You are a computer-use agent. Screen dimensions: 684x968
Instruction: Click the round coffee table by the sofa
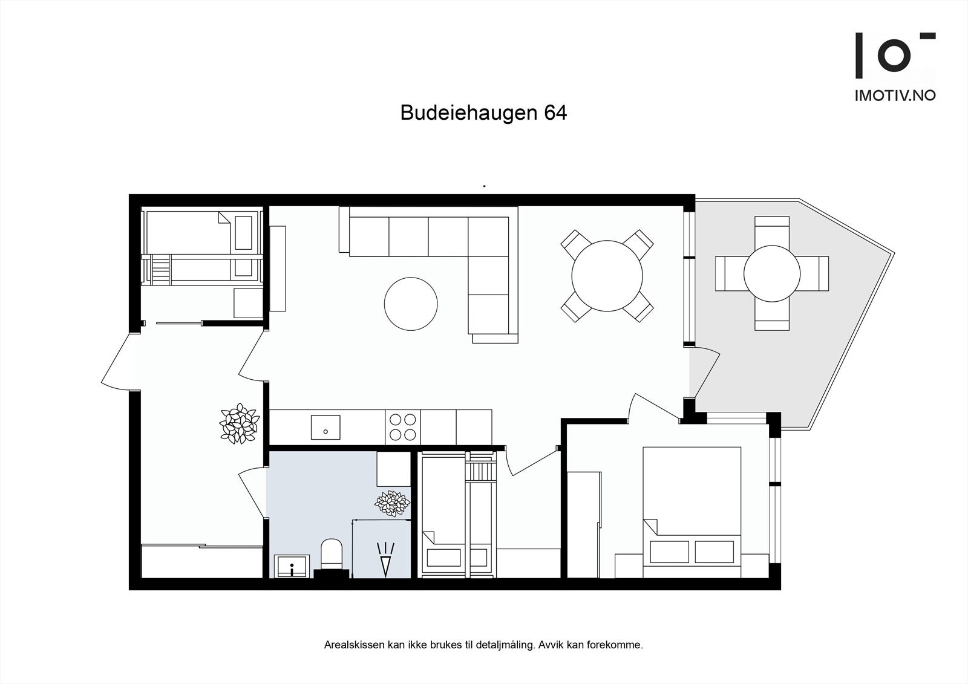click(x=411, y=304)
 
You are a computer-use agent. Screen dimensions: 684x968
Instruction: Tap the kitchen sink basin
click(x=325, y=427)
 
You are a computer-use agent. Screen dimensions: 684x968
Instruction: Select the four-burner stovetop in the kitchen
click(x=402, y=426)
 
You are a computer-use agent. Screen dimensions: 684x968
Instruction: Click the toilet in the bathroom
click(x=331, y=553)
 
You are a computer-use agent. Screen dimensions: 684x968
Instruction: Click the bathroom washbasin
click(x=292, y=567)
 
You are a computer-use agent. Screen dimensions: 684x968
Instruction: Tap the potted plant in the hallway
click(x=238, y=423)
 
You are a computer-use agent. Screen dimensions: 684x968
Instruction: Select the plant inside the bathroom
click(x=392, y=503)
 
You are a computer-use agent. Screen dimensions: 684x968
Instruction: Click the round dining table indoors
click(x=607, y=276)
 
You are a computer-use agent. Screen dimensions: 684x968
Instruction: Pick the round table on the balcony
click(x=772, y=273)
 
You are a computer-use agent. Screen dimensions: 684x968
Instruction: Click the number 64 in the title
click(x=555, y=113)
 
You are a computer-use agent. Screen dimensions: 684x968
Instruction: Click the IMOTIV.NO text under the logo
click(x=895, y=95)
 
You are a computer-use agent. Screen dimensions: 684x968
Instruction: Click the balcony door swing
click(x=705, y=372)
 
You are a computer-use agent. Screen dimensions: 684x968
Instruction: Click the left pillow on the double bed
click(x=669, y=552)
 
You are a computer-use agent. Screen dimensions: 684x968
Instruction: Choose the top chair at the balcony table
click(x=772, y=230)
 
